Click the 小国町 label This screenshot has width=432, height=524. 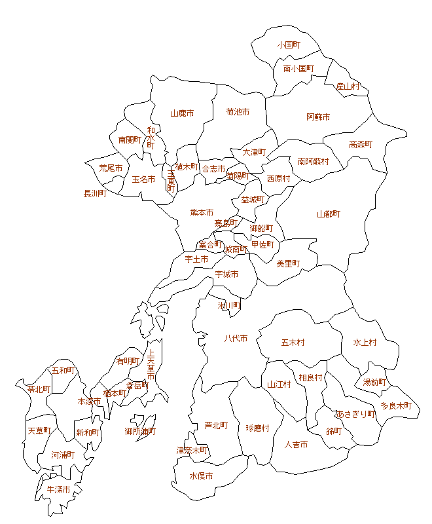(x=288, y=45)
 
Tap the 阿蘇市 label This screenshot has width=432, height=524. (x=318, y=117)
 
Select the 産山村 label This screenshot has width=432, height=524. (x=348, y=86)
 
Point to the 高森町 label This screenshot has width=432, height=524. (x=361, y=145)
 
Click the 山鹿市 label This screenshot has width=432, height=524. (x=182, y=113)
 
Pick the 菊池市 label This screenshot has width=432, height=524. (x=238, y=112)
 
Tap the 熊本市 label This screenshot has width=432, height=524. (x=202, y=213)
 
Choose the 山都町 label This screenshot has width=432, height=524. (x=329, y=214)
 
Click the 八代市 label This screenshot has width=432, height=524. (x=236, y=339)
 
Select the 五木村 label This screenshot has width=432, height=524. (x=293, y=343)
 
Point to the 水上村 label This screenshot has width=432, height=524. (x=365, y=343)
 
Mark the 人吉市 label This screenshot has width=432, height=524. (x=296, y=445)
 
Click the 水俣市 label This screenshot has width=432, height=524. (x=201, y=476)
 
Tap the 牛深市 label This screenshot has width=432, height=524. (x=58, y=489)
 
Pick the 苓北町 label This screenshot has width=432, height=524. (x=39, y=389)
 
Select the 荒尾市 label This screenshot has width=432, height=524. (x=111, y=168)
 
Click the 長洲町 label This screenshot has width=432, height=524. (x=95, y=194)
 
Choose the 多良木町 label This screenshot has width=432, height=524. (x=396, y=406)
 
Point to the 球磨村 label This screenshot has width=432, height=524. (x=258, y=428)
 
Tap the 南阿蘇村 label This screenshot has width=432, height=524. (x=314, y=161)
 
